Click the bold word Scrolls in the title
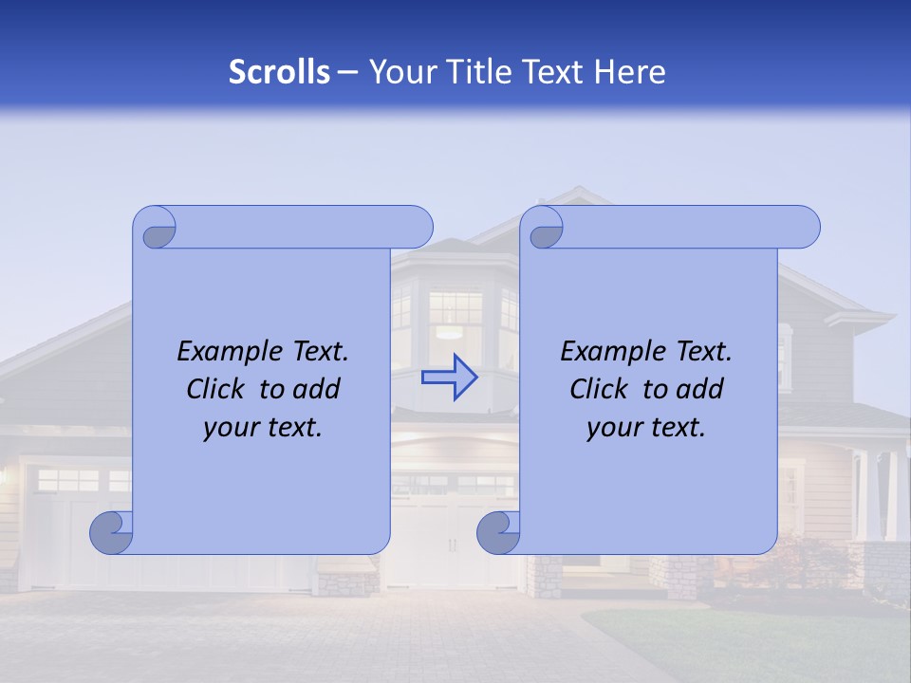pyautogui.click(x=279, y=72)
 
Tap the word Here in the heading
pyautogui.click(x=629, y=72)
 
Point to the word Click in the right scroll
pyautogui.click(x=599, y=389)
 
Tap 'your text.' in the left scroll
pyautogui.click(x=263, y=427)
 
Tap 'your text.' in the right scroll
pyautogui.click(x=646, y=427)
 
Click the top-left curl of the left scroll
pyautogui.click(x=157, y=231)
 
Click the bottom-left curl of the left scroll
pyautogui.click(x=111, y=533)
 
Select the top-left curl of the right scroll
pyautogui.click(x=544, y=231)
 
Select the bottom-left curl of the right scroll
pyautogui.click(x=498, y=533)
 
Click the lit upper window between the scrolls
pyautogui.click(x=455, y=313)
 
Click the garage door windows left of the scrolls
pyautogui.click(x=68, y=480)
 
